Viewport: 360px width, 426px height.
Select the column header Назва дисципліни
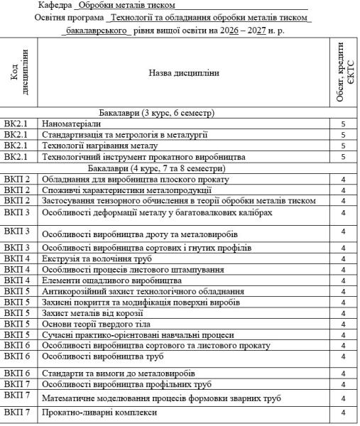pos(183,72)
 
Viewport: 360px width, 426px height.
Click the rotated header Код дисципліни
pos(20,72)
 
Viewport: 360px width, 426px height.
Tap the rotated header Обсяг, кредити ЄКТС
pos(344,72)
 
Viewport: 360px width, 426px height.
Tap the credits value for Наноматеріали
pos(343,123)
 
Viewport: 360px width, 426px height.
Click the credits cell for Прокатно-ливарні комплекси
pos(343,413)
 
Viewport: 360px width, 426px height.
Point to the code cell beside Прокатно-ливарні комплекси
pos(20,413)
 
